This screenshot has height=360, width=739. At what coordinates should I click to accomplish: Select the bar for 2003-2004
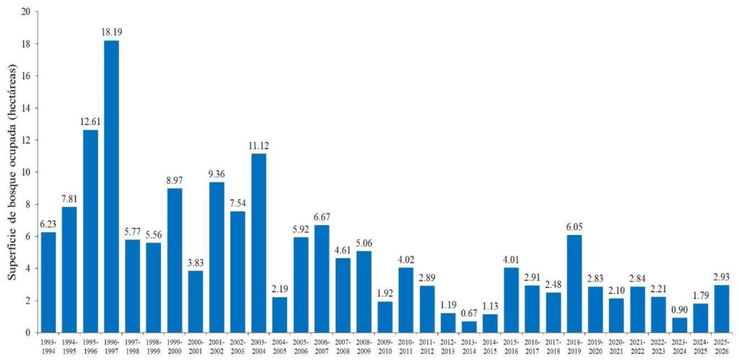pyautogui.click(x=258, y=242)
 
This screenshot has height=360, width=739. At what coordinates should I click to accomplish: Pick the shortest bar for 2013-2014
pyautogui.click(x=468, y=327)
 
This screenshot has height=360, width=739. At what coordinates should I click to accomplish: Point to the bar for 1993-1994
pyautogui.click(x=48, y=282)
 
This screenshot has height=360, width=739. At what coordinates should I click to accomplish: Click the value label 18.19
pyautogui.click(x=111, y=32)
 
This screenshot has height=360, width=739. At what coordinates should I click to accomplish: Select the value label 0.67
pyautogui.click(x=468, y=313)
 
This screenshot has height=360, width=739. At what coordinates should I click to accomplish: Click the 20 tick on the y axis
pyautogui.click(x=25, y=12)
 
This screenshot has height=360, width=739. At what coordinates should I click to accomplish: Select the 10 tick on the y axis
pyautogui.click(x=25, y=172)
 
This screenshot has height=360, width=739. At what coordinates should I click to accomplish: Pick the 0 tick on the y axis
pyautogui.click(x=27, y=333)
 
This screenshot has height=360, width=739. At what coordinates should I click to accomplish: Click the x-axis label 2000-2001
pyautogui.click(x=196, y=346)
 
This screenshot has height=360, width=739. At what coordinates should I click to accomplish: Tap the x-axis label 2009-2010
pyautogui.click(x=385, y=346)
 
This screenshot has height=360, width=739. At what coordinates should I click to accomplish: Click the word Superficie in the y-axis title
pyautogui.click(x=12, y=249)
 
